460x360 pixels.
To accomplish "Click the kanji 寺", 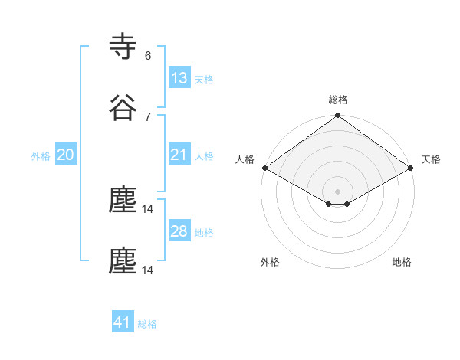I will [x=123, y=46].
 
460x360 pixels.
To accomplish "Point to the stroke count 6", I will [x=148, y=55].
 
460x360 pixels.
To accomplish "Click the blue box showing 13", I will [x=179, y=78].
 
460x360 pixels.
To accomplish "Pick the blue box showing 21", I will [x=179, y=155].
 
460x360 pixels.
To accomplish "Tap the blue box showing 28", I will [x=179, y=231].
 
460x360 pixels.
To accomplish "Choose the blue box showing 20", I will [x=66, y=155].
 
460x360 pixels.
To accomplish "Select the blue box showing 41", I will [x=123, y=322].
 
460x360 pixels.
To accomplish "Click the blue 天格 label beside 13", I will [x=204, y=79].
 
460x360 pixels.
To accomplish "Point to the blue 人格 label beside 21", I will [x=204, y=155].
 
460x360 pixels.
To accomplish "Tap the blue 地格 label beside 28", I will [x=204, y=232].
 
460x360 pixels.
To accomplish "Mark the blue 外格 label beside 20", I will [x=41, y=155].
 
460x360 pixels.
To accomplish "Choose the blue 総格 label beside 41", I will [x=147, y=323].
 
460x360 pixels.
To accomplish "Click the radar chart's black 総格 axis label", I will [x=338, y=100].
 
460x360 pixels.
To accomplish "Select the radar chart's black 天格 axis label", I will [x=431, y=159].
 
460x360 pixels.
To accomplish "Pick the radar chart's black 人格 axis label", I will [x=245, y=159].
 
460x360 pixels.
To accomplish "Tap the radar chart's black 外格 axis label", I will [x=270, y=262].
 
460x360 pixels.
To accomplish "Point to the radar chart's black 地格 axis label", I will [x=402, y=262].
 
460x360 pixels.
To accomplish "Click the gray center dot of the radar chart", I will [x=338, y=191].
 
